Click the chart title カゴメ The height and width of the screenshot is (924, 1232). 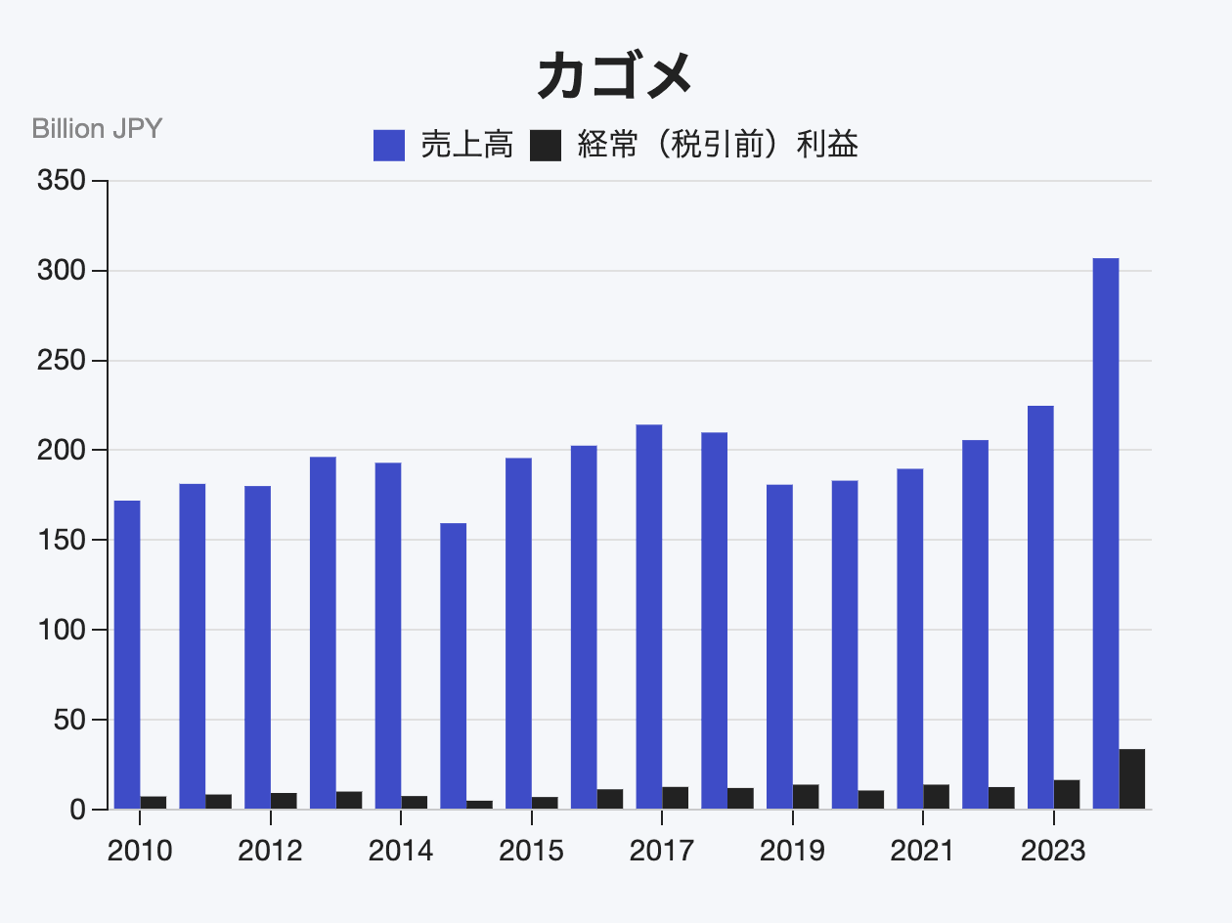615,76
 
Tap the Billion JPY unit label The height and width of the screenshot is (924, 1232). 97,128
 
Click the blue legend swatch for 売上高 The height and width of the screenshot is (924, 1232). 389,146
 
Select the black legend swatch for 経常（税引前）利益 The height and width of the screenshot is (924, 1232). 545,146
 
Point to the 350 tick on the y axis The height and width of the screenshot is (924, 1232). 60,181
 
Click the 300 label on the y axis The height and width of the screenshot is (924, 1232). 60,271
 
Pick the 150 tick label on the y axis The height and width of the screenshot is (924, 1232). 60,541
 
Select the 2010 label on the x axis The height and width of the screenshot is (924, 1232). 140,851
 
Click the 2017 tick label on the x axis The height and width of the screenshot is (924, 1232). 662,851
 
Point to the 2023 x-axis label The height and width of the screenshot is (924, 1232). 1053,851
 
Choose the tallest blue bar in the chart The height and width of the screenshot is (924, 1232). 1105,534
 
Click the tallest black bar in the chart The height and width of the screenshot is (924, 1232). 1132,779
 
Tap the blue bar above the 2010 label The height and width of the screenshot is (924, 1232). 127,655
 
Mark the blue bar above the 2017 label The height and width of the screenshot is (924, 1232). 649,617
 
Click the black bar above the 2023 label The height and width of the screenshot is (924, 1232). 1067,795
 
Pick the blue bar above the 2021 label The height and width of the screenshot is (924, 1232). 909,639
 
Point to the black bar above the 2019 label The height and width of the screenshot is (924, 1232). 806,797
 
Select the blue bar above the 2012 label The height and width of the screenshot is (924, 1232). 257,647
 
